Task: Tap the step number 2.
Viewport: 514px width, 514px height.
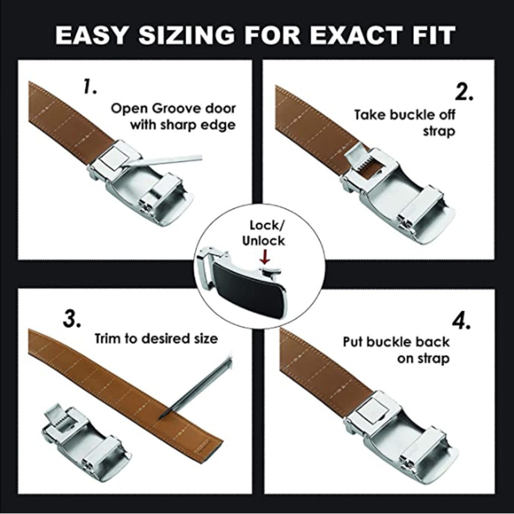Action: [464, 92]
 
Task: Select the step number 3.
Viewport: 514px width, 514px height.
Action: [72, 319]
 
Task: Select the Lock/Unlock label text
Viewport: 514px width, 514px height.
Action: [264, 233]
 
